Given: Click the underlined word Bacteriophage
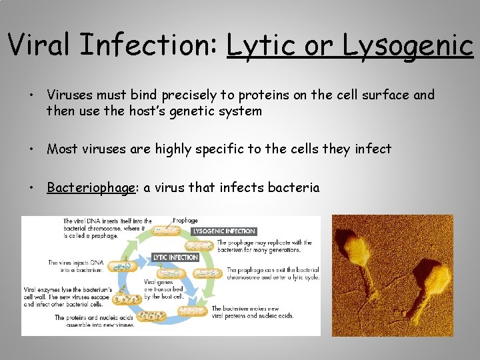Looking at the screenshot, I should [91, 187].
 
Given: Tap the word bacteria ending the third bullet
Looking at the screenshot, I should [294, 187].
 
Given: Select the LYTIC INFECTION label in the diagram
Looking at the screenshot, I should [175, 257].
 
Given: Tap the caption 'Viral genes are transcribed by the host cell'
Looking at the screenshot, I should [163, 292].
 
